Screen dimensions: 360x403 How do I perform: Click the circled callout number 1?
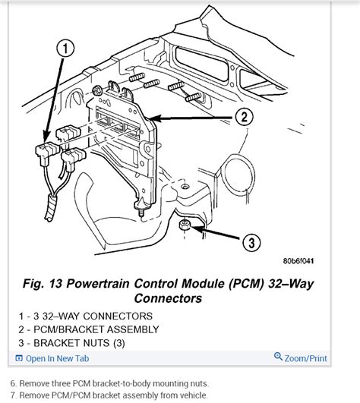65,49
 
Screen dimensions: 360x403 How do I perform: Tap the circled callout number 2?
244,117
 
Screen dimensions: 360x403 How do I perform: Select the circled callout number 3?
251,242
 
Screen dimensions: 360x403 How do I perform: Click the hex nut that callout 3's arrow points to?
185,225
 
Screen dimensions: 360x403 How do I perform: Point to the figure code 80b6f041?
298,261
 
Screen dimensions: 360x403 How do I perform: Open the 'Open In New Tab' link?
58,358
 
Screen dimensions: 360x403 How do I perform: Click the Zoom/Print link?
305,358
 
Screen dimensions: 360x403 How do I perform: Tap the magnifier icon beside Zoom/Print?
278,357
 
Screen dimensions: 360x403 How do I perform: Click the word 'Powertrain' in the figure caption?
98,284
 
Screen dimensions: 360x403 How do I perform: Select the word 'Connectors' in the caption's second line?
168,298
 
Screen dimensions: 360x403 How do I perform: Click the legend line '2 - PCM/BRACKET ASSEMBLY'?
89,329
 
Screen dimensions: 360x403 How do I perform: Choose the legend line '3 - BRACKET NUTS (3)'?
71,343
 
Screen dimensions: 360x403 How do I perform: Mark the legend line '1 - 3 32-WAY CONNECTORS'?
86,316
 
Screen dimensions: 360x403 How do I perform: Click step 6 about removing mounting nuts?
109,383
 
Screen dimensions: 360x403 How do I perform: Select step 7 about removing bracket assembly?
109,395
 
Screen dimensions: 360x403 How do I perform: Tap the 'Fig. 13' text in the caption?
43,284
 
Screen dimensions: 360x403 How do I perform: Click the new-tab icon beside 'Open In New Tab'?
19,358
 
